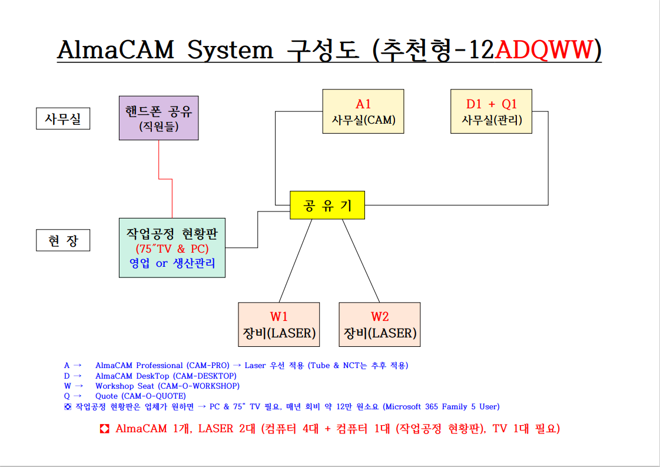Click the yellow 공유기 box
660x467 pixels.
[x=327, y=206]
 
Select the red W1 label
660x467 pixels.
[x=279, y=316]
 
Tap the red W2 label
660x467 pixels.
[x=380, y=316]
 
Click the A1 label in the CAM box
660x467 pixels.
[x=363, y=104]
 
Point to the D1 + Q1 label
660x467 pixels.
[x=491, y=104]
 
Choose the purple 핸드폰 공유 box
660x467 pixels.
[x=158, y=118]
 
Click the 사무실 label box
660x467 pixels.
[x=63, y=120]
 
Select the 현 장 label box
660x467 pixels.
[x=63, y=240]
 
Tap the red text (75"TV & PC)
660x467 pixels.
[x=172, y=249]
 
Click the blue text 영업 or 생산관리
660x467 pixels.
[x=172, y=263]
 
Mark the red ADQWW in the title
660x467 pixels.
[x=542, y=51]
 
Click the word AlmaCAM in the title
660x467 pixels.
[x=116, y=51]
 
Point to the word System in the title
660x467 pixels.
[x=230, y=51]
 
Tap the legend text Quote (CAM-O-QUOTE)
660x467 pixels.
[x=141, y=396]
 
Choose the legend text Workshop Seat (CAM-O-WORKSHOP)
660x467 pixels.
[x=167, y=386]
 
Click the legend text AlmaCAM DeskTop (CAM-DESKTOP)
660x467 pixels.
[x=165, y=376]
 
